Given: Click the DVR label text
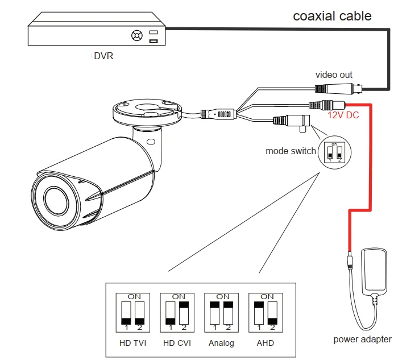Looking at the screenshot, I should click(103, 57).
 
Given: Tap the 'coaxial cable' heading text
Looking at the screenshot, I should click(332, 16).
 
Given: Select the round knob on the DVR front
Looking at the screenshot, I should click(136, 35).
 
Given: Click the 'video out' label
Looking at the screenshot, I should click(334, 75).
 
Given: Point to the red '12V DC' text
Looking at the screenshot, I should click(343, 115).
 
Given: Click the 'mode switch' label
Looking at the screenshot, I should click(291, 151).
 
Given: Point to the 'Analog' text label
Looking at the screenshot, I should click(221, 343).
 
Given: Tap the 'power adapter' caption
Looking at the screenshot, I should click(362, 340).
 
